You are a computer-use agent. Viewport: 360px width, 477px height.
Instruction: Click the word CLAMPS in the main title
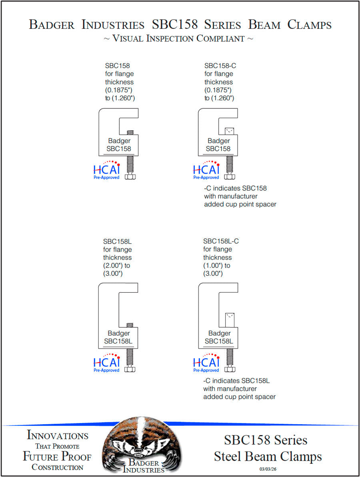pos(310,25)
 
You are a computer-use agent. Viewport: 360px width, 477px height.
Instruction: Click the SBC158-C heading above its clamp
pos(220,66)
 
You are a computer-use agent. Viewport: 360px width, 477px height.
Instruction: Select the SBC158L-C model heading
pos(221,241)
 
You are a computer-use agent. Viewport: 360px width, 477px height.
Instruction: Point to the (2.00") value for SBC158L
pos(113,265)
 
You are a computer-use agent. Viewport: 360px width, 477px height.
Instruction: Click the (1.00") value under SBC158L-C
pos(213,265)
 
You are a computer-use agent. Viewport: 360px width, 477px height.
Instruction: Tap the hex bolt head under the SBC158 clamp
pos(130,177)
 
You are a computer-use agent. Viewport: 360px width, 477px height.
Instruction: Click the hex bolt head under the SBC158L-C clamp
pos(230,369)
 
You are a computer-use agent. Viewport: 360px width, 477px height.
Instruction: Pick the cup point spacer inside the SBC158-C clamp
pos(230,131)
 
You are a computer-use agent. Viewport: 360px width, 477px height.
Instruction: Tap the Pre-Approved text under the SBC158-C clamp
pos(206,178)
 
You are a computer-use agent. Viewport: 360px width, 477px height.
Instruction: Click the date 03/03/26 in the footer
pos(268,469)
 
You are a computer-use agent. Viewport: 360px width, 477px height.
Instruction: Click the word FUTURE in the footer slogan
pos(40,456)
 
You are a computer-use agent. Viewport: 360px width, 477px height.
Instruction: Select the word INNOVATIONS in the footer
pos(58,435)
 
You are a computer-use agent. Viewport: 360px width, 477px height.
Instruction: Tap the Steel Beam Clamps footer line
pos(268,457)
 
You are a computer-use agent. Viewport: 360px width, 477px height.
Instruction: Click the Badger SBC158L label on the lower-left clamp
pos(118,337)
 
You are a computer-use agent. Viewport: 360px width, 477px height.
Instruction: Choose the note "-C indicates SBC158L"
pos(236,381)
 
